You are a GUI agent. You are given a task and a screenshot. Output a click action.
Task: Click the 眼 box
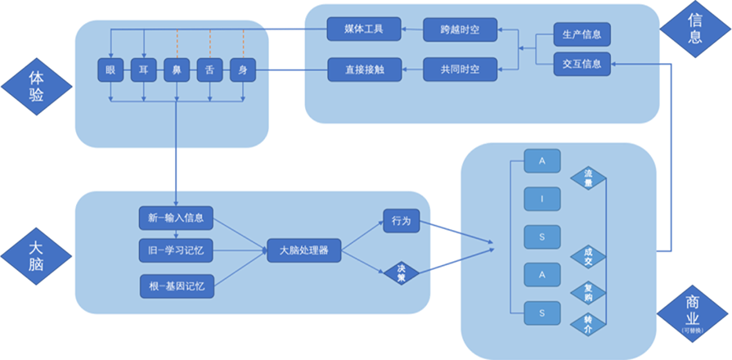[x=110, y=70]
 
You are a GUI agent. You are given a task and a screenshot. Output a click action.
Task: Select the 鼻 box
[x=176, y=70]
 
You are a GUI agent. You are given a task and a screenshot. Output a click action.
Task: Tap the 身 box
[x=242, y=70]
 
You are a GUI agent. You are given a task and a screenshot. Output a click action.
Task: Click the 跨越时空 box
[x=460, y=29]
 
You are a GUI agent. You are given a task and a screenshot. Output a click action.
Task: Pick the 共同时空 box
[x=460, y=70]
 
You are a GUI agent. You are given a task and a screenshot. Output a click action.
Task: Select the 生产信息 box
[x=582, y=35]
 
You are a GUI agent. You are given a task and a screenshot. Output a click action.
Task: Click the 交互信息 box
[x=582, y=64]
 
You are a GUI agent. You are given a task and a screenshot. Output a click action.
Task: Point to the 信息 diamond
[x=695, y=28]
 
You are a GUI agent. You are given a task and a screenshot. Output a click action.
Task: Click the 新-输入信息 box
[x=176, y=218]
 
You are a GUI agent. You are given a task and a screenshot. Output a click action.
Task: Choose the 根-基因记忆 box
[x=176, y=286]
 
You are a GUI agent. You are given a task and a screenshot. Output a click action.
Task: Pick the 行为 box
[x=401, y=221]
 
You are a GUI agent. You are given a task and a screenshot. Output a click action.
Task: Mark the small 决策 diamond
[x=402, y=272]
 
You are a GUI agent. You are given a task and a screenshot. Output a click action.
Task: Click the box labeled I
[x=541, y=197]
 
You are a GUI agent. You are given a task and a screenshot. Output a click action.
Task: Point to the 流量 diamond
[x=588, y=178]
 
